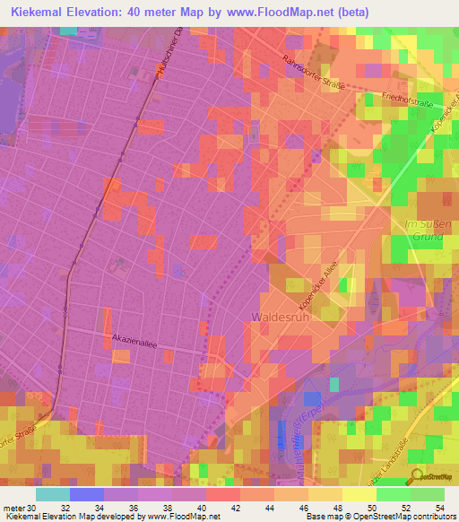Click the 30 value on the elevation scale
click(32, 508)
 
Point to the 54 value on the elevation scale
click(439, 508)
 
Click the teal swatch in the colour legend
click(52, 494)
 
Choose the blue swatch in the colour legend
click(86, 494)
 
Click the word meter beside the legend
click(13, 508)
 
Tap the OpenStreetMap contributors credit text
click(393, 517)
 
